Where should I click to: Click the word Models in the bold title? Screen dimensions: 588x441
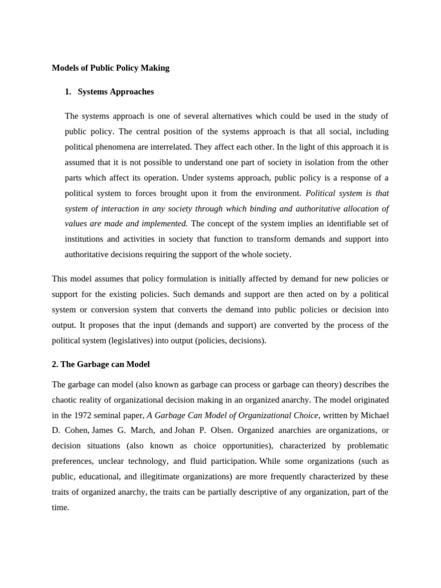pos(65,68)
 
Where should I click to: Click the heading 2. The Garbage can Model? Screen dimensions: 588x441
pos(100,365)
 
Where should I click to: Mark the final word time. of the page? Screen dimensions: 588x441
pos(60,508)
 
